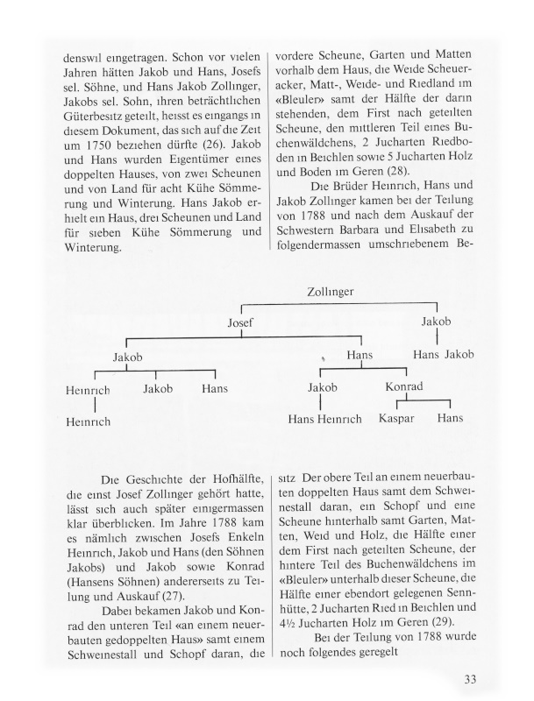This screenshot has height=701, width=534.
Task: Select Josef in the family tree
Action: [x=239, y=323]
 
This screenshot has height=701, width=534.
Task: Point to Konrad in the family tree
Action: [x=403, y=387]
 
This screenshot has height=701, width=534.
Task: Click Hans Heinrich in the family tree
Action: [x=324, y=420]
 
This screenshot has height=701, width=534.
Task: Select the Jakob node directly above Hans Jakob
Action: [x=436, y=322]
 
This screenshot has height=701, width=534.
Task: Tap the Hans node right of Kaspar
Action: [x=451, y=420]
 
